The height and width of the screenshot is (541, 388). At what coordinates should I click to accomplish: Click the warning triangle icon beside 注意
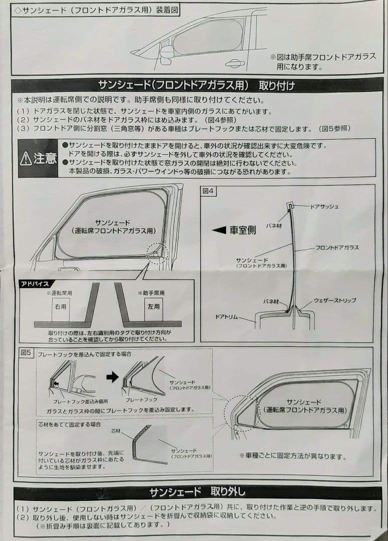coord(26,159)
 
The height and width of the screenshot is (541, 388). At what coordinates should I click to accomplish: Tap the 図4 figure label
coord(208,191)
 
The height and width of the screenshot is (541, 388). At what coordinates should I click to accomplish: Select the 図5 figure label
coord(26,353)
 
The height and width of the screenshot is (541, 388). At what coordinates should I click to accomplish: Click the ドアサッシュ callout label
coord(324,206)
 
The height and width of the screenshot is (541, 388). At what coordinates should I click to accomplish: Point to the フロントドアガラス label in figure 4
coord(337,247)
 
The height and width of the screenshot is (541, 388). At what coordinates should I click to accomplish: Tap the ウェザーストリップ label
coord(335,300)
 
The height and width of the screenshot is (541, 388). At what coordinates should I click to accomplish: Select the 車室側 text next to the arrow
coord(243,230)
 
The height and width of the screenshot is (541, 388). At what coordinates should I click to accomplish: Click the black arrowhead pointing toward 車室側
coord(219,230)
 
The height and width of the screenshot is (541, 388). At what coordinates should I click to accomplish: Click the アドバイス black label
coord(34,284)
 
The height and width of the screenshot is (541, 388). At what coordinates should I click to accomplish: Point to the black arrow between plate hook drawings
coord(113,377)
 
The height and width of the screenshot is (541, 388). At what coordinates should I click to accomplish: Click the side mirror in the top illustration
coord(166,51)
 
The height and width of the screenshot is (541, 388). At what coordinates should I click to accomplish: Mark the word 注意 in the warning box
coord(45,159)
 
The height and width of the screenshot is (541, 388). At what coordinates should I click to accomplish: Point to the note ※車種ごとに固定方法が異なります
coord(293,457)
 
